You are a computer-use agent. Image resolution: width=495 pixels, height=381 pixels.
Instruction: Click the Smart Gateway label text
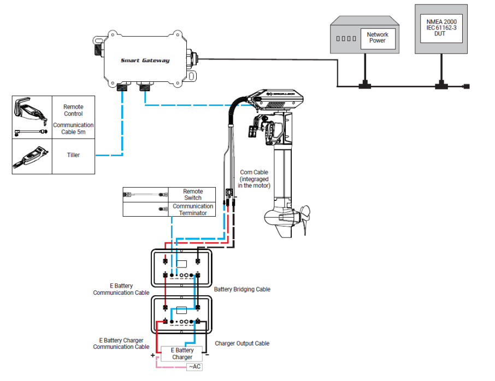coord(145,61)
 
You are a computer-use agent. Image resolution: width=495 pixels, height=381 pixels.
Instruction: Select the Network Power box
coord(377,38)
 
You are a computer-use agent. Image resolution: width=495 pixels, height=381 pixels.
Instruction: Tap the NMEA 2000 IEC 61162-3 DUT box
coord(441,29)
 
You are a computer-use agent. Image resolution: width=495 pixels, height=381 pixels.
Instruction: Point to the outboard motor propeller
coord(303,218)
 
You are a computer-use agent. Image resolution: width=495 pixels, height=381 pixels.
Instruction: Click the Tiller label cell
coord(73,155)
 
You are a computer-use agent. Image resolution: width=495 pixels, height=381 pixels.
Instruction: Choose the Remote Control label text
coord(73,110)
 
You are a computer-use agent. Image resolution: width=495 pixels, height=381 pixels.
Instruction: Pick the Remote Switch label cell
coord(193,195)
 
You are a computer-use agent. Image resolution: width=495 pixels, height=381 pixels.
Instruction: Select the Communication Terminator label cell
coord(193,210)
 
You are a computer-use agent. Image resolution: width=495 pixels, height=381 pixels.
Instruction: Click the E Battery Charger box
coord(182,354)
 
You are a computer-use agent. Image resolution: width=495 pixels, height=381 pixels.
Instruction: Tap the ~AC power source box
coord(195,366)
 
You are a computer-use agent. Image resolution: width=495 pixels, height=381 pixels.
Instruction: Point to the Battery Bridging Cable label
coord(242,289)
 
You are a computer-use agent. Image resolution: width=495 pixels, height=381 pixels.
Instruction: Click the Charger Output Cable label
coord(242,343)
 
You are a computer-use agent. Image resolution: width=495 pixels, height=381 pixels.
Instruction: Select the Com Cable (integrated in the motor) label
coord(254,179)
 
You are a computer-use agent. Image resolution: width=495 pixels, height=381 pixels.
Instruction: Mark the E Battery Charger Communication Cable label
coord(121,343)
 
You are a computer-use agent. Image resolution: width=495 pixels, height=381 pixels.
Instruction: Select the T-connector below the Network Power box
coord(363,86)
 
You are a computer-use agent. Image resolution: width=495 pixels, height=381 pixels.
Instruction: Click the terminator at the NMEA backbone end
coord(466,86)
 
